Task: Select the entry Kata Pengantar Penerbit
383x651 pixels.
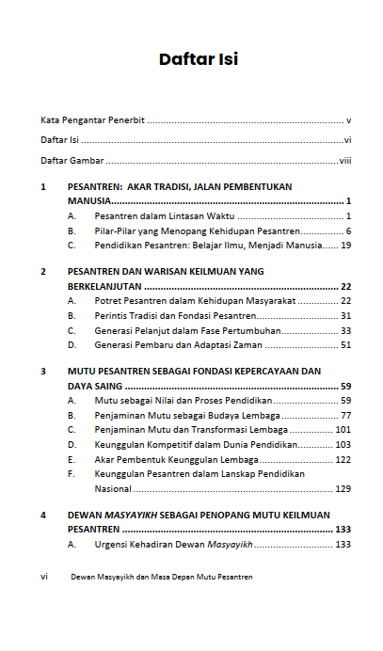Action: click(x=92, y=120)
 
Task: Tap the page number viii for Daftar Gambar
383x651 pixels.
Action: click(x=344, y=161)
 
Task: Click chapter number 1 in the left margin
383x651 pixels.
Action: click(x=43, y=187)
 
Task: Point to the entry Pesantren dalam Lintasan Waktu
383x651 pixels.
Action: click(x=156, y=215)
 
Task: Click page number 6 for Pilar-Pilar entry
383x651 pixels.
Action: click(x=347, y=230)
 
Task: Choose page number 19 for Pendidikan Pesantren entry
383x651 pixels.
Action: click(x=345, y=245)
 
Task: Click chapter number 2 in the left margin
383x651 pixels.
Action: click(x=43, y=272)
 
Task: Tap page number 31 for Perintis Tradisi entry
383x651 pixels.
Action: click(x=345, y=315)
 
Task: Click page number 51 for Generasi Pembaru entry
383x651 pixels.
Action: click(x=345, y=344)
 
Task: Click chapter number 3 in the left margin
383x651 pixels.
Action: click(x=43, y=372)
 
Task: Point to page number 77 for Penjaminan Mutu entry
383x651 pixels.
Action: click(x=345, y=415)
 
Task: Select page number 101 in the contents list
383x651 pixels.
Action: click(x=343, y=429)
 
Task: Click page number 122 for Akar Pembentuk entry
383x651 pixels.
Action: click(x=343, y=459)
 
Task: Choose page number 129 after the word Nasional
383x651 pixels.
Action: click(x=343, y=488)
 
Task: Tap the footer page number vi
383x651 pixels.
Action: click(x=44, y=577)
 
